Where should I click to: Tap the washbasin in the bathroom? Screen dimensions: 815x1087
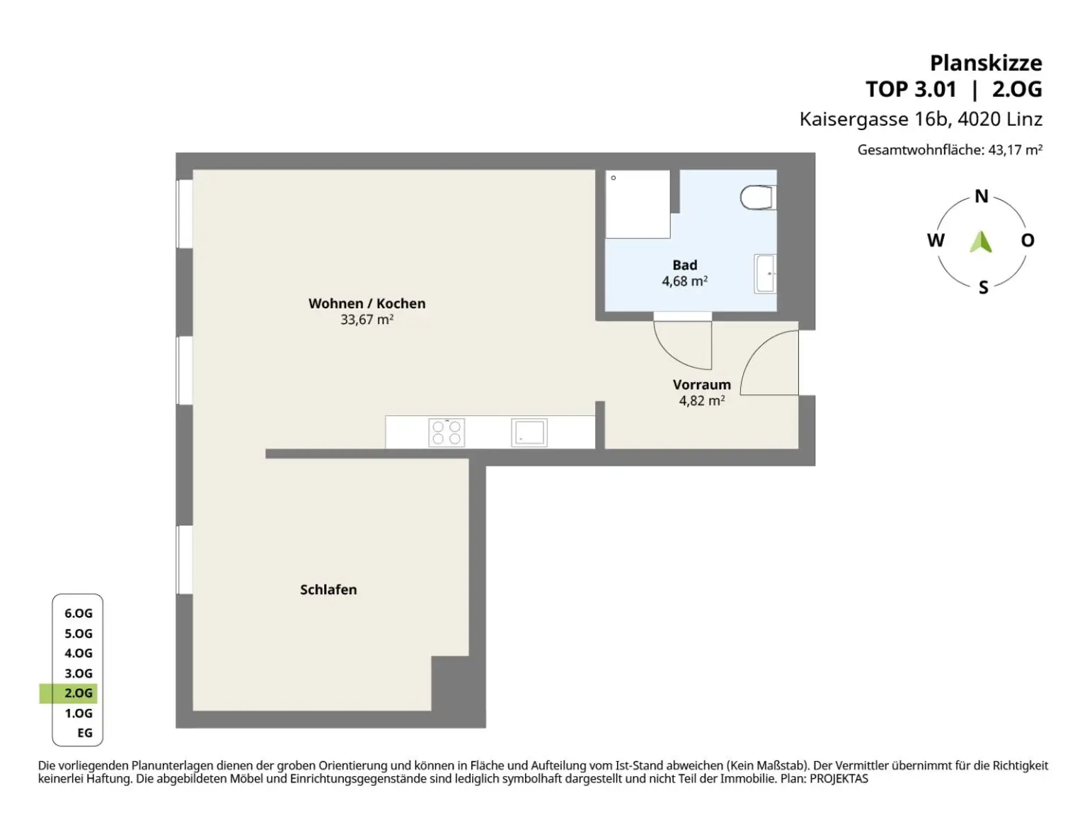point(766,274)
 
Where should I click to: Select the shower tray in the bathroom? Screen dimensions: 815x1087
point(638,204)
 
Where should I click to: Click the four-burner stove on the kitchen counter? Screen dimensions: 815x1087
point(447,432)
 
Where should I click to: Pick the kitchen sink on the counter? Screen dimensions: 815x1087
point(529,432)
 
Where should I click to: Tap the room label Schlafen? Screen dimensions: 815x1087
point(328,590)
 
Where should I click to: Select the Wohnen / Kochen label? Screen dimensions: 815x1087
point(367,304)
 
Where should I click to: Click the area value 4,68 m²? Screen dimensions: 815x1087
point(684,282)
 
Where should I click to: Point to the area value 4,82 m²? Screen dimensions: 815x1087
point(701,401)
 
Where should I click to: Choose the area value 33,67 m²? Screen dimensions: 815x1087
point(367,320)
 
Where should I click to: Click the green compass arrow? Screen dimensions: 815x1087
point(981,242)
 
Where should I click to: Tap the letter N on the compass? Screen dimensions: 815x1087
point(982,197)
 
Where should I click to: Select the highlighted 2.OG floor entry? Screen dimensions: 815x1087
point(78,693)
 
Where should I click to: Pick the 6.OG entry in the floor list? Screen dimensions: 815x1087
point(79,613)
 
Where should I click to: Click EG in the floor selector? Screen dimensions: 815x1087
point(85,733)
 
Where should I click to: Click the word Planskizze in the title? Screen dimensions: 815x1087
point(985,63)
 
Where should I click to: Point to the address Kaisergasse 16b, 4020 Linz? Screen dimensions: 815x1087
point(921,119)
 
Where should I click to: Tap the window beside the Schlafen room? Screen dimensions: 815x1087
point(184,560)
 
